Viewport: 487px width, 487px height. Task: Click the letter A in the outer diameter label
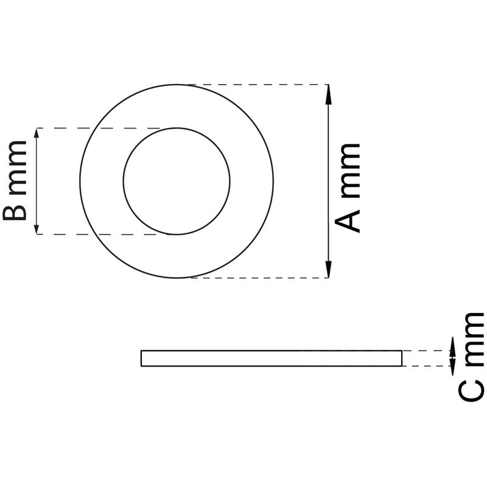[347, 221]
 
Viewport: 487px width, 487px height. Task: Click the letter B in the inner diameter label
[15, 212]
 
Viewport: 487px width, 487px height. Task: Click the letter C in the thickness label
[471, 390]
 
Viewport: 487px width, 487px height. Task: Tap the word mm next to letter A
[351, 171]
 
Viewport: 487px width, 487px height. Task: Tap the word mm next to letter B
[18, 168]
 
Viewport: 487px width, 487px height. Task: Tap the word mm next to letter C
[474, 339]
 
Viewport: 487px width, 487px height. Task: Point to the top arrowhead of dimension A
[328, 94]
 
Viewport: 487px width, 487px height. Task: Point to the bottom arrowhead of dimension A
[328, 268]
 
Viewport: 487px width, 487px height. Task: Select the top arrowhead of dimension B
[37, 133]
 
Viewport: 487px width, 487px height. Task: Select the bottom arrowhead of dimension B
[37, 229]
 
